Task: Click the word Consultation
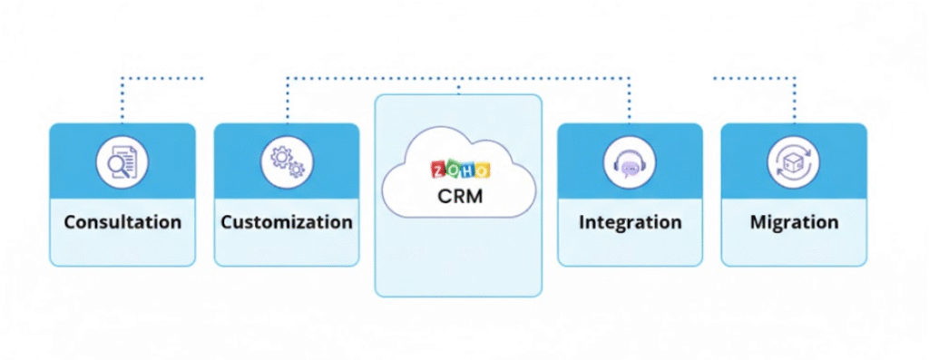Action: [122, 222]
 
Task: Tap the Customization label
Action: [287, 222]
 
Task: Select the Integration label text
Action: [630, 222]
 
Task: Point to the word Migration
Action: [794, 222]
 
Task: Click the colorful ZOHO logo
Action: [459, 170]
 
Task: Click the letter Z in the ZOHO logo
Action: [436, 170]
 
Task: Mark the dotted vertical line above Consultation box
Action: [122, 100]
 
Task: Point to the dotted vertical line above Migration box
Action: [795, 100]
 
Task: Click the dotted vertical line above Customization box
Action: [288, 100]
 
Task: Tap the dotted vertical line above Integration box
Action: [630, 100]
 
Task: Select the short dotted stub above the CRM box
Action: [458, 87]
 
